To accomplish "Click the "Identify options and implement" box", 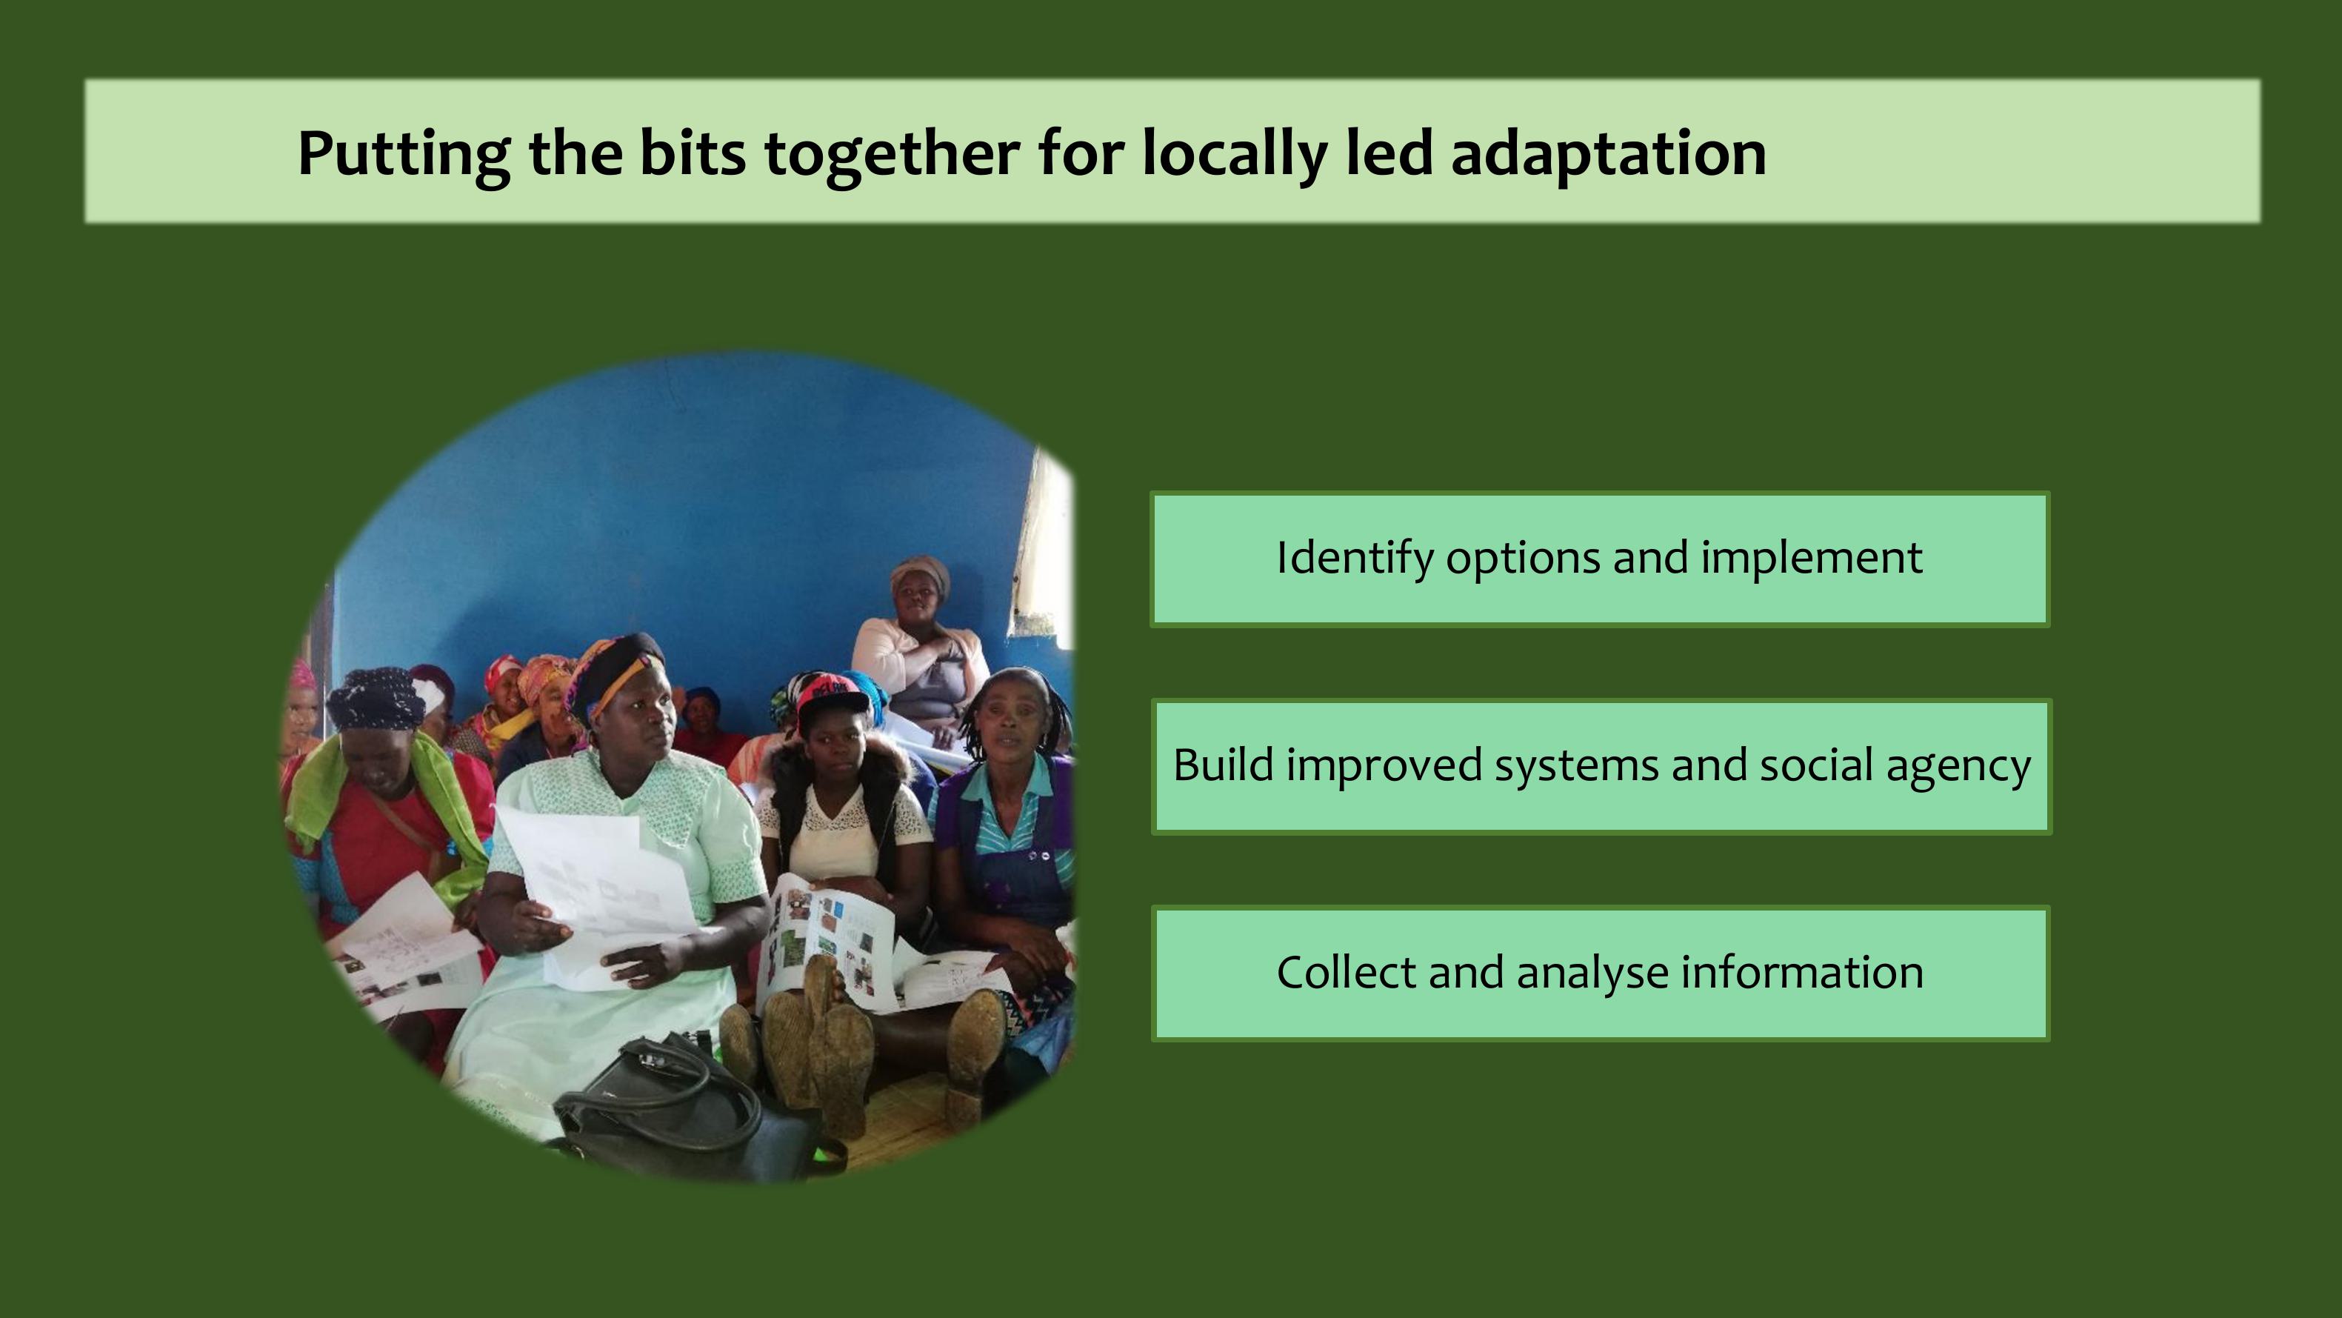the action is tap(1599, 559).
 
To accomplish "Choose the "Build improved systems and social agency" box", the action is tap(1601, 766).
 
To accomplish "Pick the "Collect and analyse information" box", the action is tap(1599, 973).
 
